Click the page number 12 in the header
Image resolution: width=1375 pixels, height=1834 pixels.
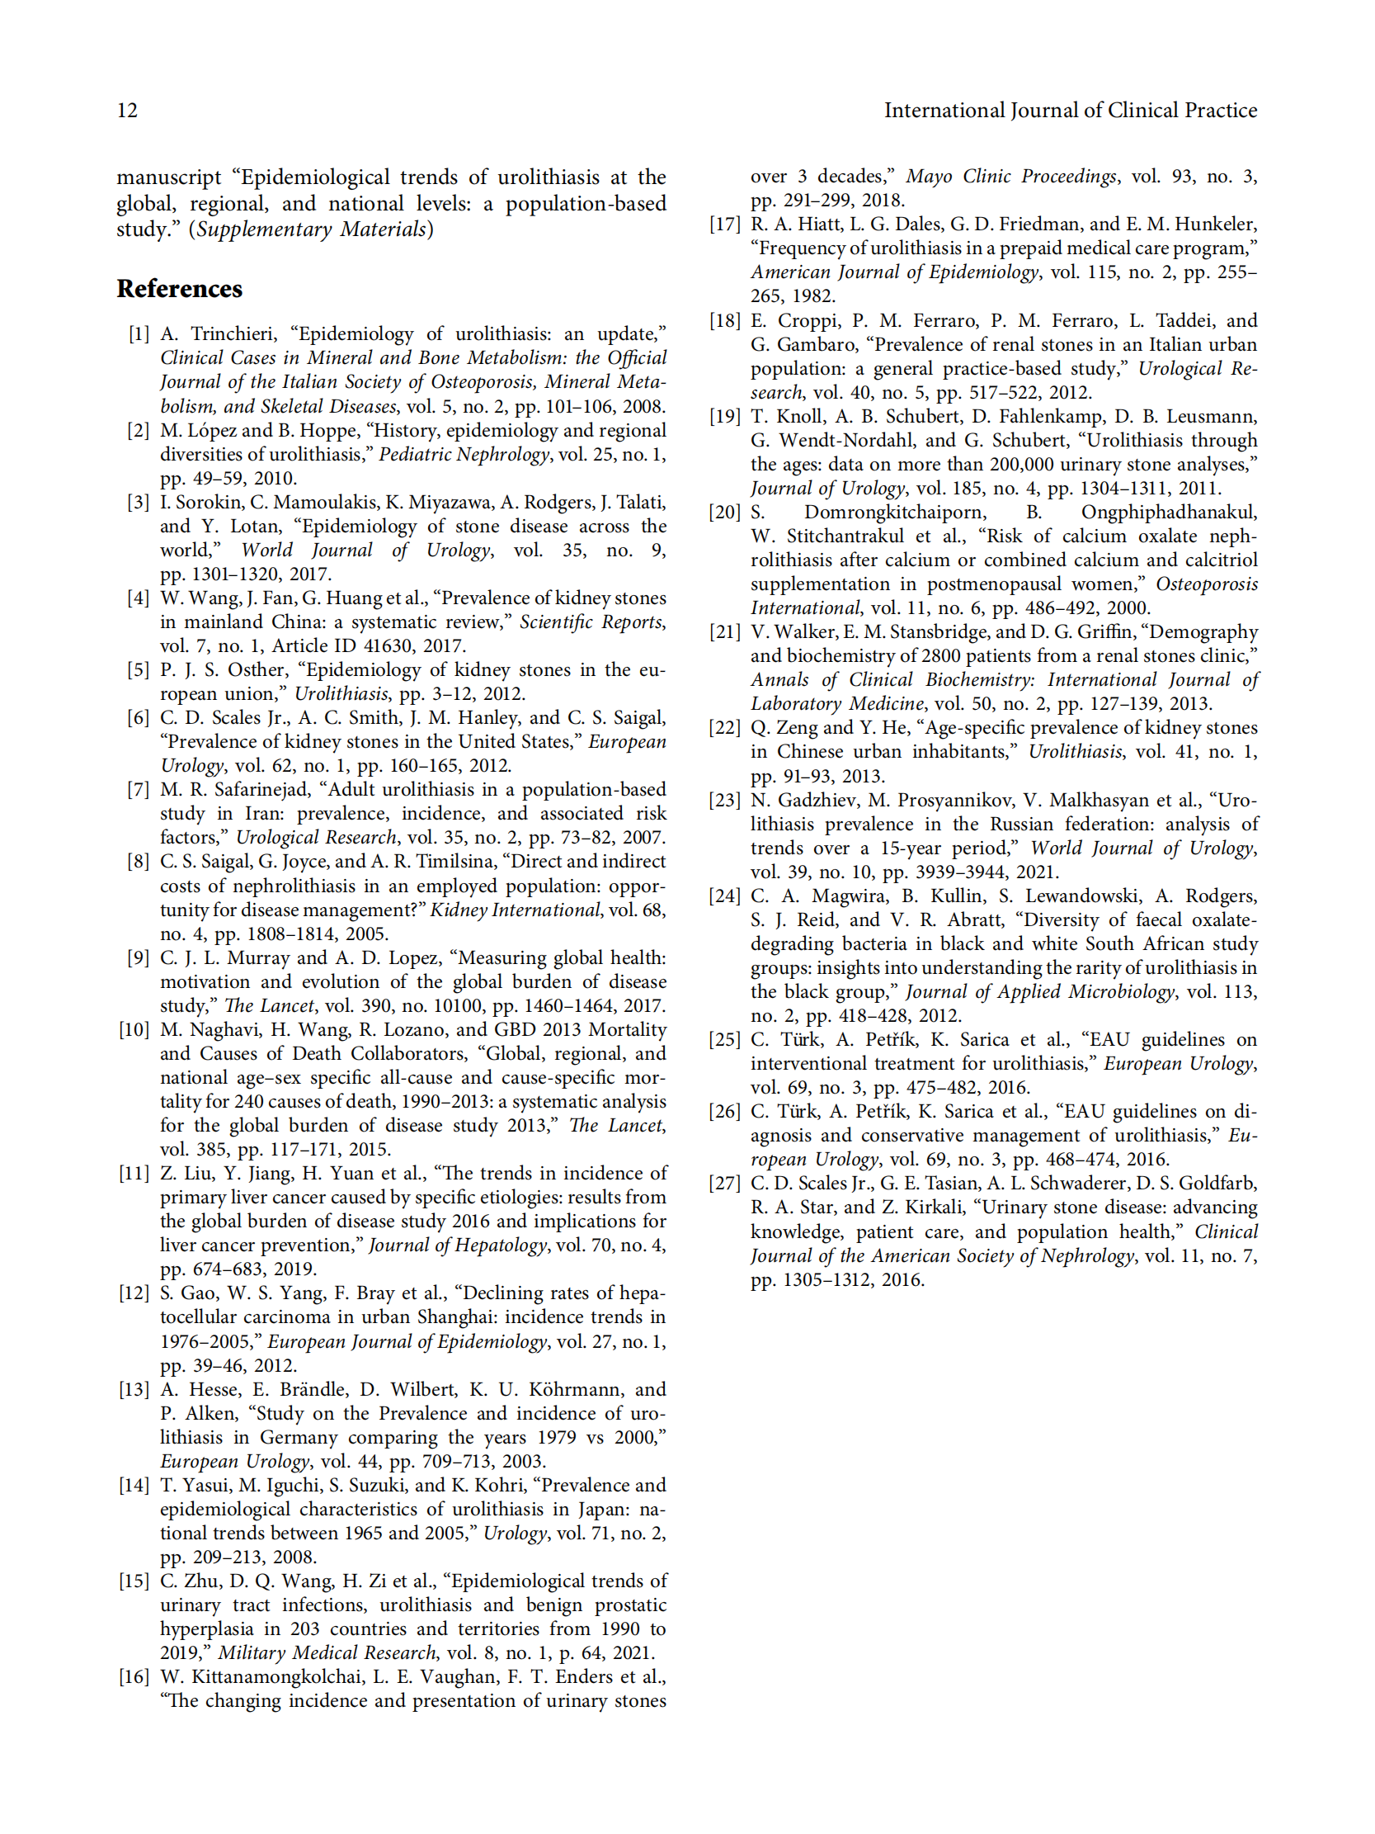[127, 111]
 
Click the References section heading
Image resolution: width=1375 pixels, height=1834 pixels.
[179, 289]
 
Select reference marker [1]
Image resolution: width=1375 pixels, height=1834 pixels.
[139, 334]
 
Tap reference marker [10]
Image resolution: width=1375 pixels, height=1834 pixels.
[134, 1030]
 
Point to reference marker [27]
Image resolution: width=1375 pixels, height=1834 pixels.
[724, 1183]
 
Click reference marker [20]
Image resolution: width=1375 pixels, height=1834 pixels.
[724, 513]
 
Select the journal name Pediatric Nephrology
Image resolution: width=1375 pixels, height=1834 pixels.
[464, 454]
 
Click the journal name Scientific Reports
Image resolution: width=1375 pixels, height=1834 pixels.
[591, 622]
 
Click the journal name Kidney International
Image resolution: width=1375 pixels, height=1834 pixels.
[514, 910]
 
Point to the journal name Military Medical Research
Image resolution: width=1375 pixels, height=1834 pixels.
[327, 1652]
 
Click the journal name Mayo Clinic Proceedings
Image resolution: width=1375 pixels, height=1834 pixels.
[1011, 176]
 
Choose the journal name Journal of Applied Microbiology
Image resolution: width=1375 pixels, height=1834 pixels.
[1039, 991]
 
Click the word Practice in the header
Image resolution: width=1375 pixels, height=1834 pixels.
[1218, 111]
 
